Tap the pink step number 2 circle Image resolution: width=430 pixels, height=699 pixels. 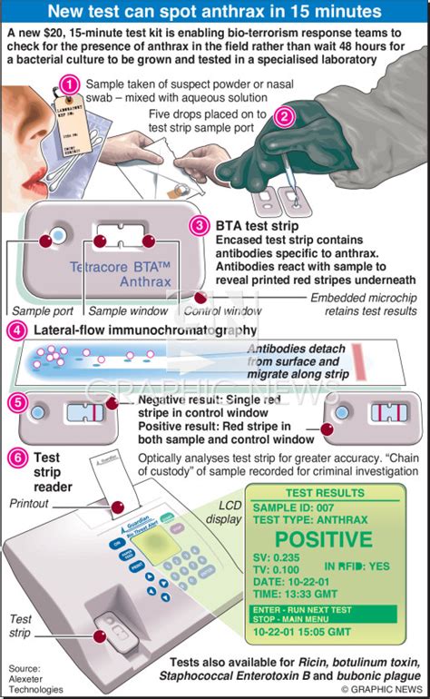tap(283, 115)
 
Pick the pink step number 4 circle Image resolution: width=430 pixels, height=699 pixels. tap(16, 330)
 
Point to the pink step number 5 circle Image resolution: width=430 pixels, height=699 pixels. tap(16, 400)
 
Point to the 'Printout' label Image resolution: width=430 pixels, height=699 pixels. tap(33, 502)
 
